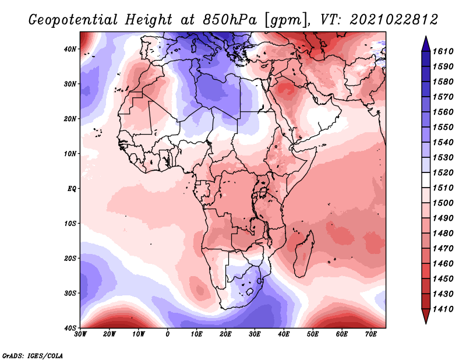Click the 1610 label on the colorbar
click(443, 51)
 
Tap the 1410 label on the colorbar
click(443, 309)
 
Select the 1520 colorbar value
click(443, 172)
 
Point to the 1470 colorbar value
click(443, 248)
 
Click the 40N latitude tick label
click(70, 49)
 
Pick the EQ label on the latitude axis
click(72, 189)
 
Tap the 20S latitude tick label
click(70, 258)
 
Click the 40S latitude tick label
click(70, 328)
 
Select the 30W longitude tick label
click(80, 334)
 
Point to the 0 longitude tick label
click(168, 334)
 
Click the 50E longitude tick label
click(313, 334)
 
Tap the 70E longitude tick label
click(371, 334)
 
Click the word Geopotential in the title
click(73, 20)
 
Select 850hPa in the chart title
click(230, 20)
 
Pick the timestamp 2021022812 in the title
click(394, 19)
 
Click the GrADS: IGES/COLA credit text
click(33, 355)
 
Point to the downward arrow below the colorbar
click(426, 316)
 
